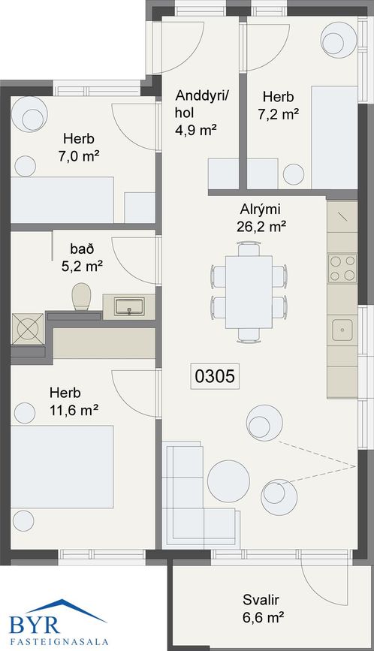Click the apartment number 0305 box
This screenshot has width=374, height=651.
coord(215,376)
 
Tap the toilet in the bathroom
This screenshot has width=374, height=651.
coord(81,297)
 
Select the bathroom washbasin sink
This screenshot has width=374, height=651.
coord(129,306)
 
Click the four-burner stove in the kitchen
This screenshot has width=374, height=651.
coord(342,268)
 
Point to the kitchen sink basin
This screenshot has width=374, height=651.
coord(342,330)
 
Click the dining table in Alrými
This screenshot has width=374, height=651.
coord(249,291)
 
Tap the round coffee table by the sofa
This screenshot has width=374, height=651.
coord(229,481)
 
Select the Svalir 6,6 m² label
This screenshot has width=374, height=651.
coord(262,608)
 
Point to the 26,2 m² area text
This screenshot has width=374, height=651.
coord(261,227)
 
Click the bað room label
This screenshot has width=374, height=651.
coord(82,249)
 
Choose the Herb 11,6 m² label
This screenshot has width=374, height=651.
coord(74,402)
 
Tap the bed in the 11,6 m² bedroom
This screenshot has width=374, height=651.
coord(62,466)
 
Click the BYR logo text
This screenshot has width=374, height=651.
coord(35,625)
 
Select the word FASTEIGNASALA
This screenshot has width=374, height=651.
coord(59,641)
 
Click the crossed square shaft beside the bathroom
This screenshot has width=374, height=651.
coord(27,329)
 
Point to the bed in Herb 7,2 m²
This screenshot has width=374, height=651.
coord(334,137)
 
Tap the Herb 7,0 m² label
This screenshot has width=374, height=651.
coord(78,147)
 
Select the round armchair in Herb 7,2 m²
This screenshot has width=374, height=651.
coord(338,38)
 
